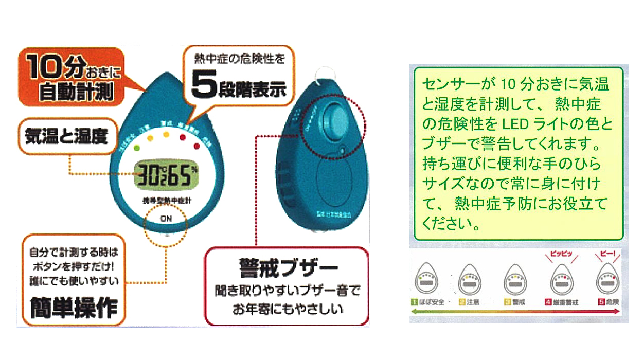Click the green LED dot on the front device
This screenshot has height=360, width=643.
136,148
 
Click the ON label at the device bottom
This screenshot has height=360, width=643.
166,218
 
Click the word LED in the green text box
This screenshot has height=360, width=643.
513,125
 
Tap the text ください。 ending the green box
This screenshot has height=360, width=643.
451,224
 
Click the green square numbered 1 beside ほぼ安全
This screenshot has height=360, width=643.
414,302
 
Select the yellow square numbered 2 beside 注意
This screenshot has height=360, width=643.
462,302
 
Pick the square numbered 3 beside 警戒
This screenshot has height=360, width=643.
507,302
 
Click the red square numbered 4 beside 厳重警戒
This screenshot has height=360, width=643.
548,302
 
